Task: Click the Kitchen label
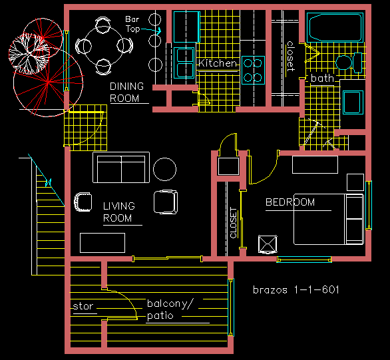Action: (x=218, y=63)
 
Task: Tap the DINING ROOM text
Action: (x=127, y=92)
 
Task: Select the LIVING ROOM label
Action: (x=119, y=212)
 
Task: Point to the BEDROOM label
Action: (x=290, y=202)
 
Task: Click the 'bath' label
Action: (x=322, y=79)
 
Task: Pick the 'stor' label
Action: (x=83, y=306)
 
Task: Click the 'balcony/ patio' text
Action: (x=170, y=309)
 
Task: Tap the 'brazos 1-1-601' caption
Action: (x=296, y=290)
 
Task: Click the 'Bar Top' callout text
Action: (x=132, y=24)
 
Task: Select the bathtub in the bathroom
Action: (x=335, y=27)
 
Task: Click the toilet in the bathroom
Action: (x=349, y=63)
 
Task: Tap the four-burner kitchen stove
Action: (x=253, y=70)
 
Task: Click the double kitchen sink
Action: (x=184, y=63)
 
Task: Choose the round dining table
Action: (x=104, y=47)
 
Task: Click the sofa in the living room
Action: (x=121, y=168)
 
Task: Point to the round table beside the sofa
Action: (x=164, y=169)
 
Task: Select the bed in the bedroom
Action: (x=329, y=219)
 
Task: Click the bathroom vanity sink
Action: (x=353, y=102)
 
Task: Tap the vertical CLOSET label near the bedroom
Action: (x=234, y=223)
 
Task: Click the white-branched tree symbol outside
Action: (x=29, y=54)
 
